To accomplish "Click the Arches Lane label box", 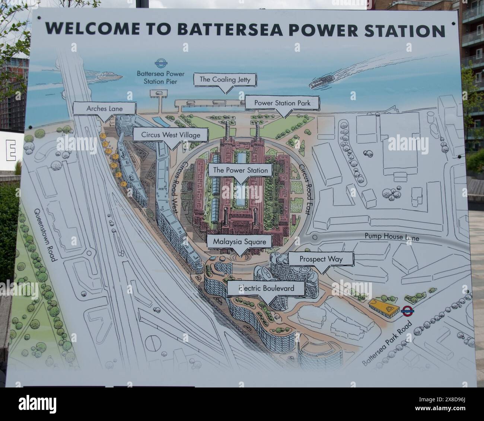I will point(99,109).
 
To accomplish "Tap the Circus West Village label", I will point(171,135).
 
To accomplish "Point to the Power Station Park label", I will point(282,102).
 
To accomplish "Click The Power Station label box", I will point(240,170).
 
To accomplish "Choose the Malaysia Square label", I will point(239,242).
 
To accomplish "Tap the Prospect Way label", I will point(321,258).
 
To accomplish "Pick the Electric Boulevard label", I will point(266,288).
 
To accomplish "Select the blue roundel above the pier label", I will point(160,63).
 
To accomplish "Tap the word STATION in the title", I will point(407,30).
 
